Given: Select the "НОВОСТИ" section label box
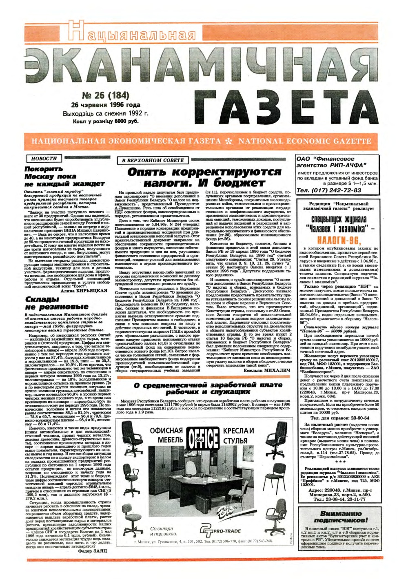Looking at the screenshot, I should point(45,158).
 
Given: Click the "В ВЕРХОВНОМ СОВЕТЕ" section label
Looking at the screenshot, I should point(153,160).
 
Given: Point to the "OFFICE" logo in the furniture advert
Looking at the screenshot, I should point(202,437).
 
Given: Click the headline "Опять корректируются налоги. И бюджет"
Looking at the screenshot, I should point(204,177).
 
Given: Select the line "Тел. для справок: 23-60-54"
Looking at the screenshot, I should point(340,418).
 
